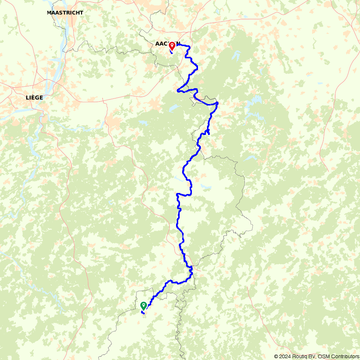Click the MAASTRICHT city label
click(x=65, y=13)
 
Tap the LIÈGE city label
click(x=35, y=98)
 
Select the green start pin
click(x=143, y=306)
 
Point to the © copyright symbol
click(x=276, y=356)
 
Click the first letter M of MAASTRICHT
click(x=49, y=13)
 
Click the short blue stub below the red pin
click(x=171, y=53)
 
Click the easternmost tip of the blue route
click(x=218, y=104)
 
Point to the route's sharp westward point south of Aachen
click(x=177, y=90)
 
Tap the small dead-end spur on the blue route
click(x=208, y=132)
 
